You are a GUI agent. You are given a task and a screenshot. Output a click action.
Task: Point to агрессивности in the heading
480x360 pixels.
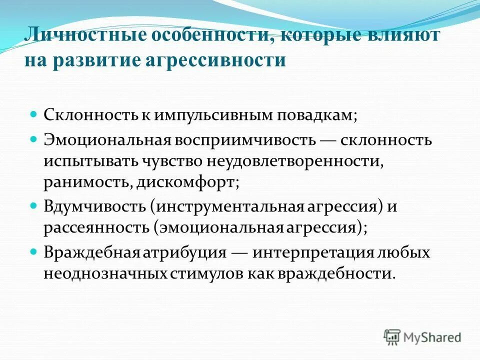pyautogui.click(x=215, y=60)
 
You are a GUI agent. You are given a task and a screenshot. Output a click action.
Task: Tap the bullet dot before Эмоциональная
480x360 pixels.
pyautogui.click(x=34, y=138)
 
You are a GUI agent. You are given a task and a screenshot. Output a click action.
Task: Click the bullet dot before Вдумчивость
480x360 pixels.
pyautogui.click(x=34, y=205)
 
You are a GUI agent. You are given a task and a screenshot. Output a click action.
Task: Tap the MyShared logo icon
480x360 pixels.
pyautogui.click(x=392, y=337)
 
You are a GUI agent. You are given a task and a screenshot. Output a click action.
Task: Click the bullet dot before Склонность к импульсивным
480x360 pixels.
pyautogui.click(x=34, y=114)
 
